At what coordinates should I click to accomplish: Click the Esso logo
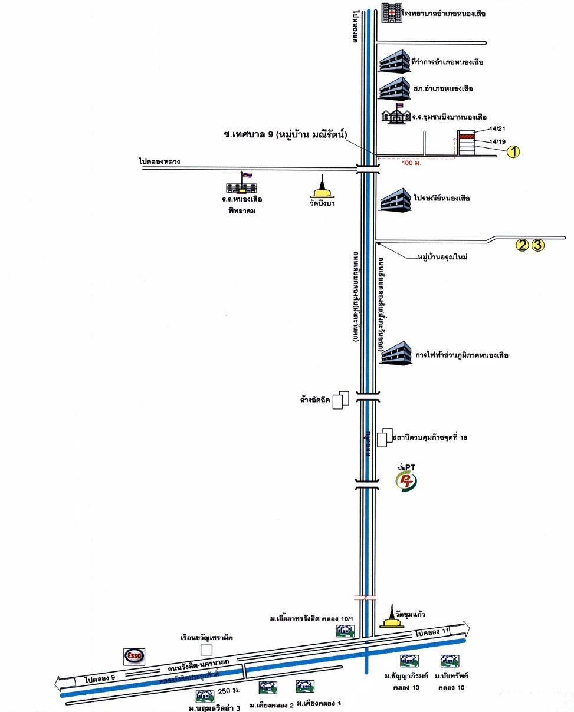(133, 655)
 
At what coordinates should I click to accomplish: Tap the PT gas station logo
(406, 480)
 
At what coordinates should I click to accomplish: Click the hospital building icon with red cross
(390, 12)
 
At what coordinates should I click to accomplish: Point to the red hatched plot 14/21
(467, 137)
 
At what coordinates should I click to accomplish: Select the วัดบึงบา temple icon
(322, 187)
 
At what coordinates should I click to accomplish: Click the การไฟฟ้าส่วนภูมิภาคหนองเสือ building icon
(395, 352)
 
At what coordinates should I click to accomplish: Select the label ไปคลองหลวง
(159, 161)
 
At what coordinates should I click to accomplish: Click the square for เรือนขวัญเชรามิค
(206, 650)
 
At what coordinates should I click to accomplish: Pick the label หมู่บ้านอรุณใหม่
(442, 258)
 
